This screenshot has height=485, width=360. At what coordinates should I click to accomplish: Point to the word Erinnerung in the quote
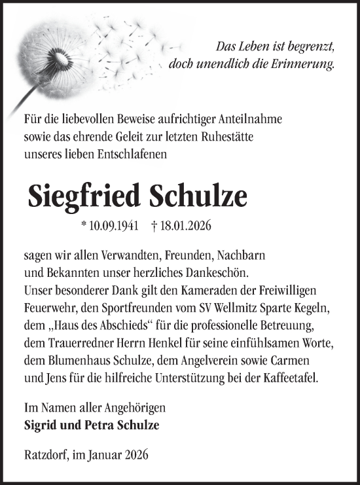click(304, 64)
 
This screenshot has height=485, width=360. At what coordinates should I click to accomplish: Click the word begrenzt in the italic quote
click(312, 47)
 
